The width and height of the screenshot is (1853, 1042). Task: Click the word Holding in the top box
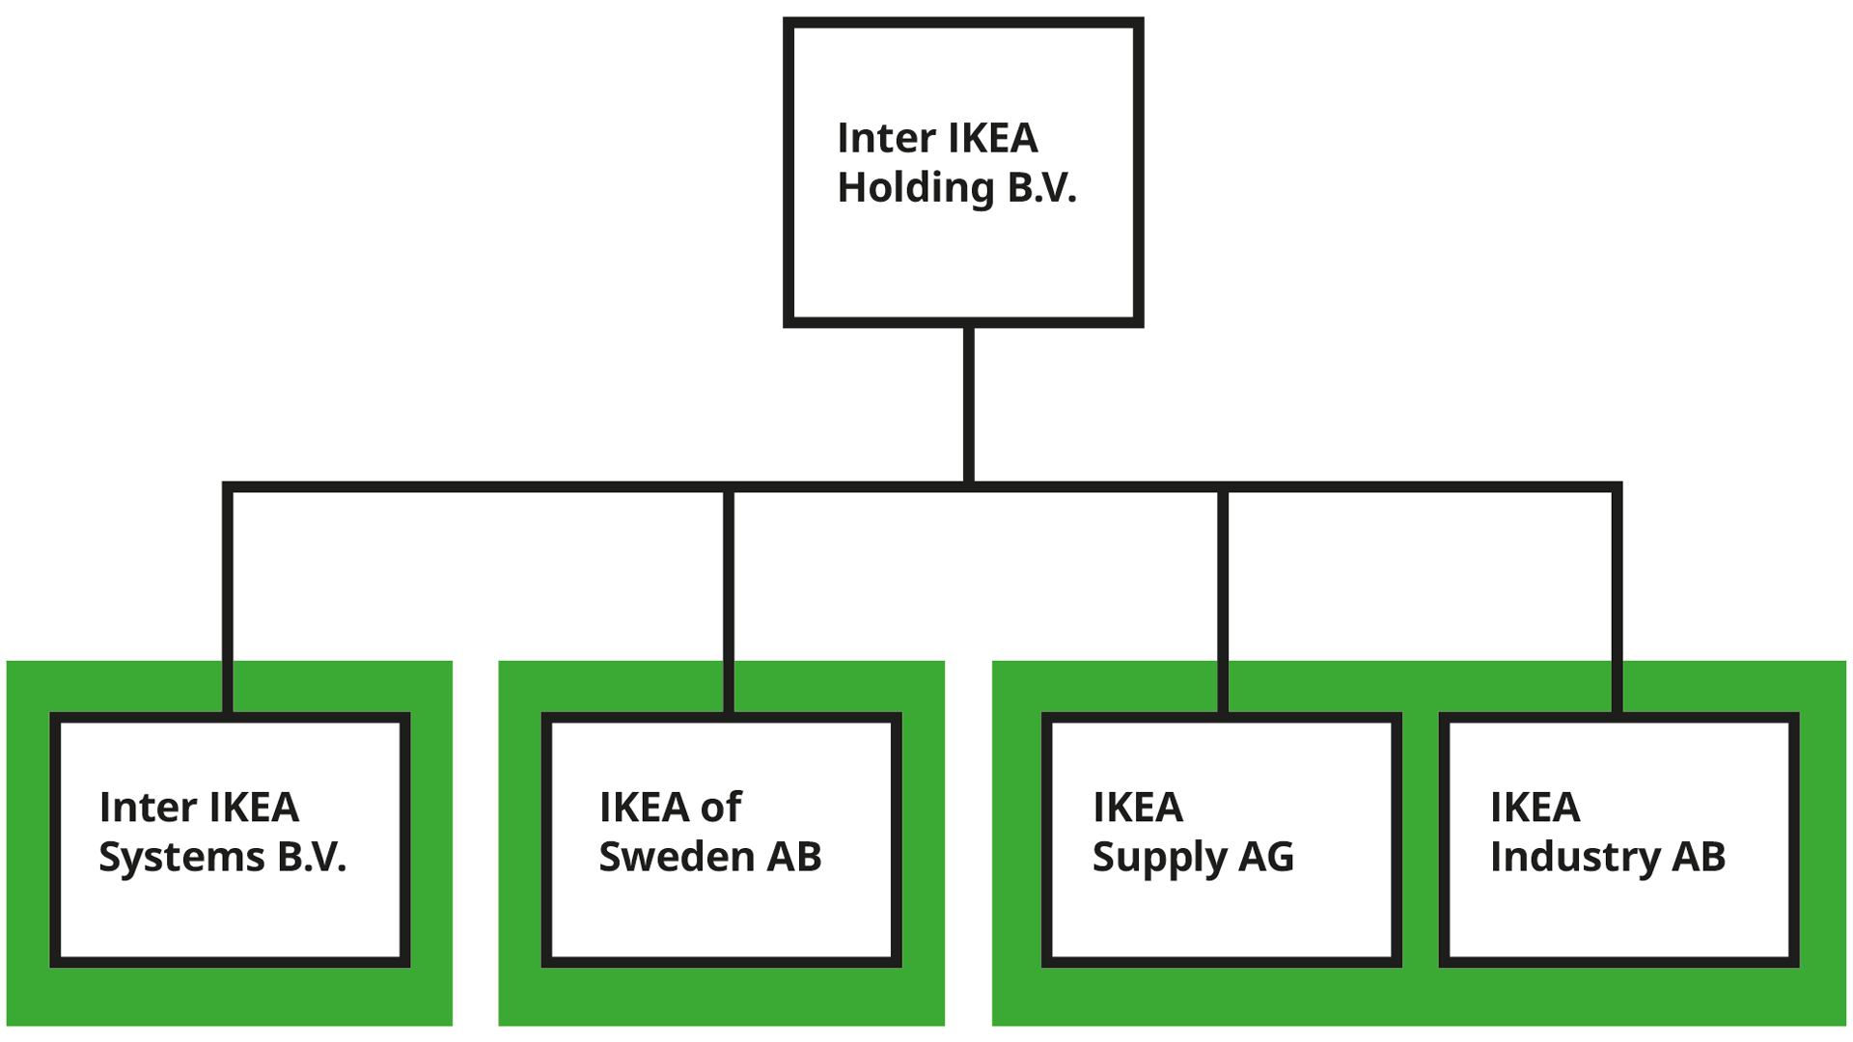click(x=915, y=188)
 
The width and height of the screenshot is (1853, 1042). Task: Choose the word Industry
click(x=1575, y=857)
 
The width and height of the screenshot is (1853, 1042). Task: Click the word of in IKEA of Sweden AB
click(x=721, y=808)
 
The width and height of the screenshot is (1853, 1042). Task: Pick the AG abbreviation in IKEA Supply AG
click(x=1265, y=857)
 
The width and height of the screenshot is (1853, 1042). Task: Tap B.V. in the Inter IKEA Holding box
click(x=1041, y=188)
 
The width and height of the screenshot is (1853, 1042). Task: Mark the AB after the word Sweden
click(x=794, y=857)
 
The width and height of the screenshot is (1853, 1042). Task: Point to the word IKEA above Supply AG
click(x=1137, y=808)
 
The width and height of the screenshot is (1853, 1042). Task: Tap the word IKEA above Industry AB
click(x=1535, y=808)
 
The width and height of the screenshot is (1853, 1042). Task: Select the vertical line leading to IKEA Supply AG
click(x=1223, y=598)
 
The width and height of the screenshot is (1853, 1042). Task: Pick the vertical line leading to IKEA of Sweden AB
click(x=729, y=598)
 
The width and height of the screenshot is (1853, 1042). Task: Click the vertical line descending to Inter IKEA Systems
click(x=228, y=598)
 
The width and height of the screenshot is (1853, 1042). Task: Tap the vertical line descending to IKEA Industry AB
click(x=1617, y=598)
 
